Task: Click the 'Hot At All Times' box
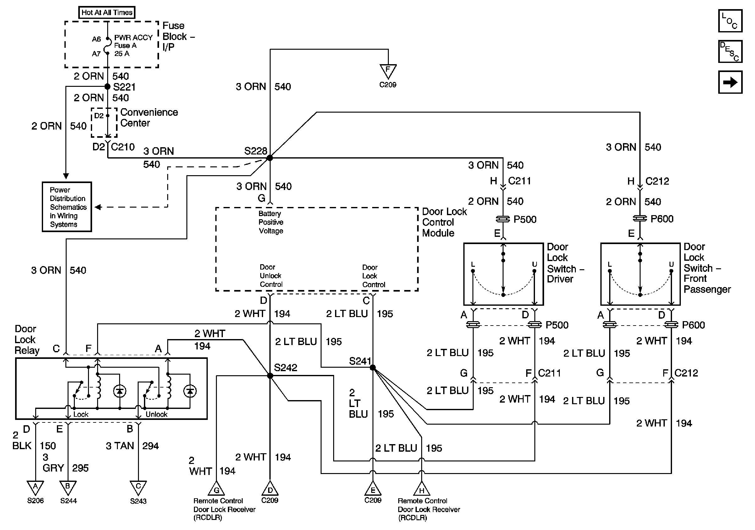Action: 107,13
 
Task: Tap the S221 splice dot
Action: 107,86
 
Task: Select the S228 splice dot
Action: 270,158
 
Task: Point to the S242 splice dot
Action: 270,376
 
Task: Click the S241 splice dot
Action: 372,367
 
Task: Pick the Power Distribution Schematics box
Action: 67,207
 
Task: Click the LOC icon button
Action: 730,21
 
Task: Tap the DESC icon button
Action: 730,52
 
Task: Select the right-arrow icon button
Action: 730,82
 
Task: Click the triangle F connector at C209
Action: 388,71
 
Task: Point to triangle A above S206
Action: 35,487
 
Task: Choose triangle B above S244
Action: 68,487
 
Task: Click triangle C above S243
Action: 138,487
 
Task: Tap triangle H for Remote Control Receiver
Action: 422,489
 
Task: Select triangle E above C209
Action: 372,489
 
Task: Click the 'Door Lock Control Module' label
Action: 444,222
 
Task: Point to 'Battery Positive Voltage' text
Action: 271,222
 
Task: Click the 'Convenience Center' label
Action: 149,117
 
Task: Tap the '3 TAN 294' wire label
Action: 132,446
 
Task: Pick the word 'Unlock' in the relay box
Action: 157,414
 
